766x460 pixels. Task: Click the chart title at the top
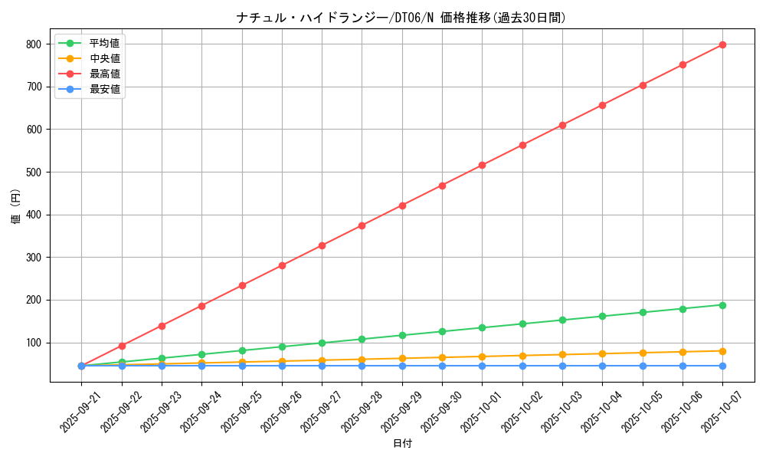tap(401, 18)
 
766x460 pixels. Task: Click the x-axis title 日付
tap(402, 444)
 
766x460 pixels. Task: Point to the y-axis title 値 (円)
tap(16, 206)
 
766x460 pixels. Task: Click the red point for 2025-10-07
tap(722, 44)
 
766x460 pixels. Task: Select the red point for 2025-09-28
tap(362, 225)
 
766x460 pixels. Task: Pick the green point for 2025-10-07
tap(722, 305)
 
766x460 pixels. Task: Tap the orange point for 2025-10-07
tap(722, 351)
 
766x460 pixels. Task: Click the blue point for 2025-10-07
tap(722, 366)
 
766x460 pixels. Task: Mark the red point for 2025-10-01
tap(482, 165)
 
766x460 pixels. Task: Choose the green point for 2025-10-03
tap(562, 320)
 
